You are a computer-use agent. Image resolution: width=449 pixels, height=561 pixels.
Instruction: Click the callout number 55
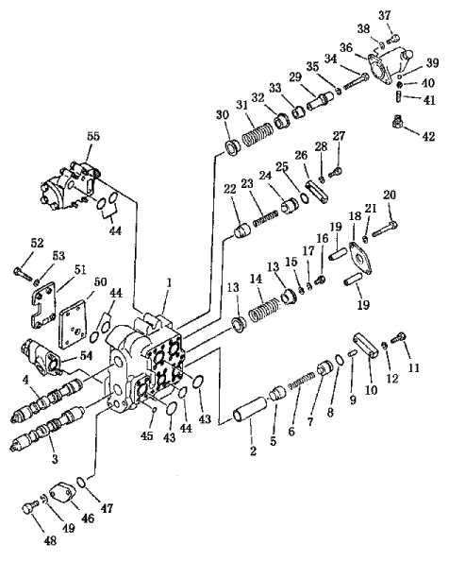click(93, 136)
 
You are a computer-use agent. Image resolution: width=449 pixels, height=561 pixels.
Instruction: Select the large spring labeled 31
click(257, 134)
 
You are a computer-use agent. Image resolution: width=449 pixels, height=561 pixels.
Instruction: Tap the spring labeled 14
click(264, 310)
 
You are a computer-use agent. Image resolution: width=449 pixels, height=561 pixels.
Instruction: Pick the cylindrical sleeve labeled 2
click(250, 409)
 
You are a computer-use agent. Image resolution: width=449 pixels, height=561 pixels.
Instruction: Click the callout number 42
click(428, 136)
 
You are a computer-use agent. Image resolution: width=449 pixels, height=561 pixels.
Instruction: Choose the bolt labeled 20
click(385, 229)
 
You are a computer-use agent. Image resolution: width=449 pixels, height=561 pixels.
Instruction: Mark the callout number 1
click(169, 282)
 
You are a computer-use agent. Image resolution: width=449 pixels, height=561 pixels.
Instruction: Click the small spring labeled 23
click(265, 218)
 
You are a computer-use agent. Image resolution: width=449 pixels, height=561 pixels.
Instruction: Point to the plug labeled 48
click(30, 507)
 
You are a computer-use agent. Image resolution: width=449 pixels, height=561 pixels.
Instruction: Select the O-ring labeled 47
click(81, 482)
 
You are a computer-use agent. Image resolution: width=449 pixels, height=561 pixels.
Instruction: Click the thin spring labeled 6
click(302, 380)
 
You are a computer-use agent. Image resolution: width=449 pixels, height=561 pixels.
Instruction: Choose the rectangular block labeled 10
click(366, 344)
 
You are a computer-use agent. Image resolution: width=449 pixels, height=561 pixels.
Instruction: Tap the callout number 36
click(346, 47)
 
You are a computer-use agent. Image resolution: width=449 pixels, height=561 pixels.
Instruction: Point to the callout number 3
click(55, 459)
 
